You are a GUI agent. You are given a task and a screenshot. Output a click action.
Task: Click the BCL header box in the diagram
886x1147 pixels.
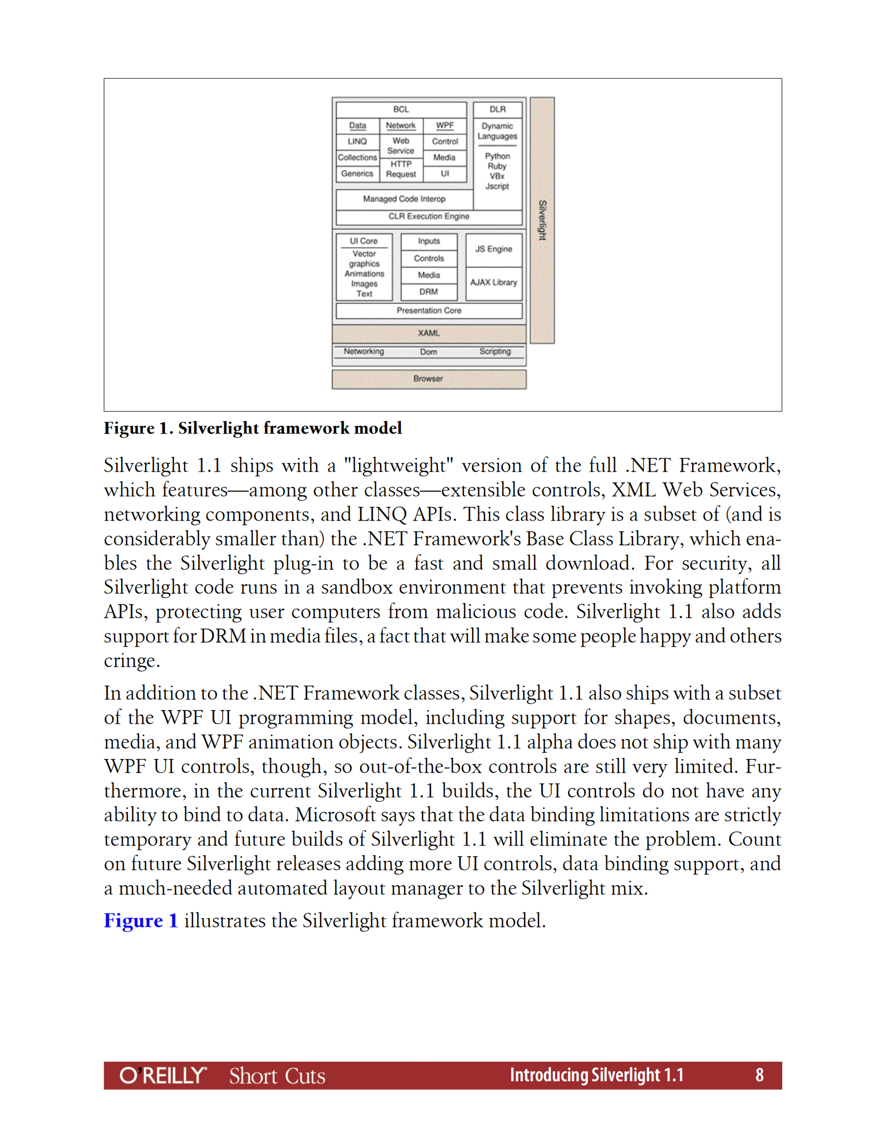(x=401, y=109)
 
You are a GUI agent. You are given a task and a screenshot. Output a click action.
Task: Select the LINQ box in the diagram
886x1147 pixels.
(x=357, y=141)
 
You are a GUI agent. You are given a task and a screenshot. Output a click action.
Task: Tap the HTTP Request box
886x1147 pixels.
(x=401, y=169)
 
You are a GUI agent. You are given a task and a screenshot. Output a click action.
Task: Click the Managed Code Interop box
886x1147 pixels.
(x=404, y=199)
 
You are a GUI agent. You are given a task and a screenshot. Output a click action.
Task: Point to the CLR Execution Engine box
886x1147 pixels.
(x=429, y=216)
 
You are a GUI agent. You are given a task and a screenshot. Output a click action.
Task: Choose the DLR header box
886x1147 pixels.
(x=497, y=109)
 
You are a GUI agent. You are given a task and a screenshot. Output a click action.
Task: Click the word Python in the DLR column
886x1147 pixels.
(x=497, y=156)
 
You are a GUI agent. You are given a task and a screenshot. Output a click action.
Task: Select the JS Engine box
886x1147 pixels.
(x=493, y=249)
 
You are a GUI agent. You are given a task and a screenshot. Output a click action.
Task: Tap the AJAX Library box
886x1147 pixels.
(x=493, y=283)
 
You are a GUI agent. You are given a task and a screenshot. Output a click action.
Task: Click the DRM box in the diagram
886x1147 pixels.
(x=429, y=292)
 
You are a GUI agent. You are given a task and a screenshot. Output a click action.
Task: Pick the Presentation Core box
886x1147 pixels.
(x=429, y=311)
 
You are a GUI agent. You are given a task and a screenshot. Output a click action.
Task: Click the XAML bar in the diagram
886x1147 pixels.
(x=429, y=333)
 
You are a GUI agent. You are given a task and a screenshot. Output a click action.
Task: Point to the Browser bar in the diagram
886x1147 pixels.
(x=429, y=379)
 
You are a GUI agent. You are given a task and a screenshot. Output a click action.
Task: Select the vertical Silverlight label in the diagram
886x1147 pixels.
(x=542, y=220)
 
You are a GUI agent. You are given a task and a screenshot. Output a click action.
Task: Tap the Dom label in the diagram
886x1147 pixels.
(x=429, y=352)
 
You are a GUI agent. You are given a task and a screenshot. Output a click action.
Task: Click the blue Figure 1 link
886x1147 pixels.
(x=141, y=920)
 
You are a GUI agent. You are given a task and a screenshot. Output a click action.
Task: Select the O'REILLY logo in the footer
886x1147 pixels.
(x=163, y=1075)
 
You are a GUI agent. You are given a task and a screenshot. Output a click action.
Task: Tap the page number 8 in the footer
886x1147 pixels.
(x=759, y=1075)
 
